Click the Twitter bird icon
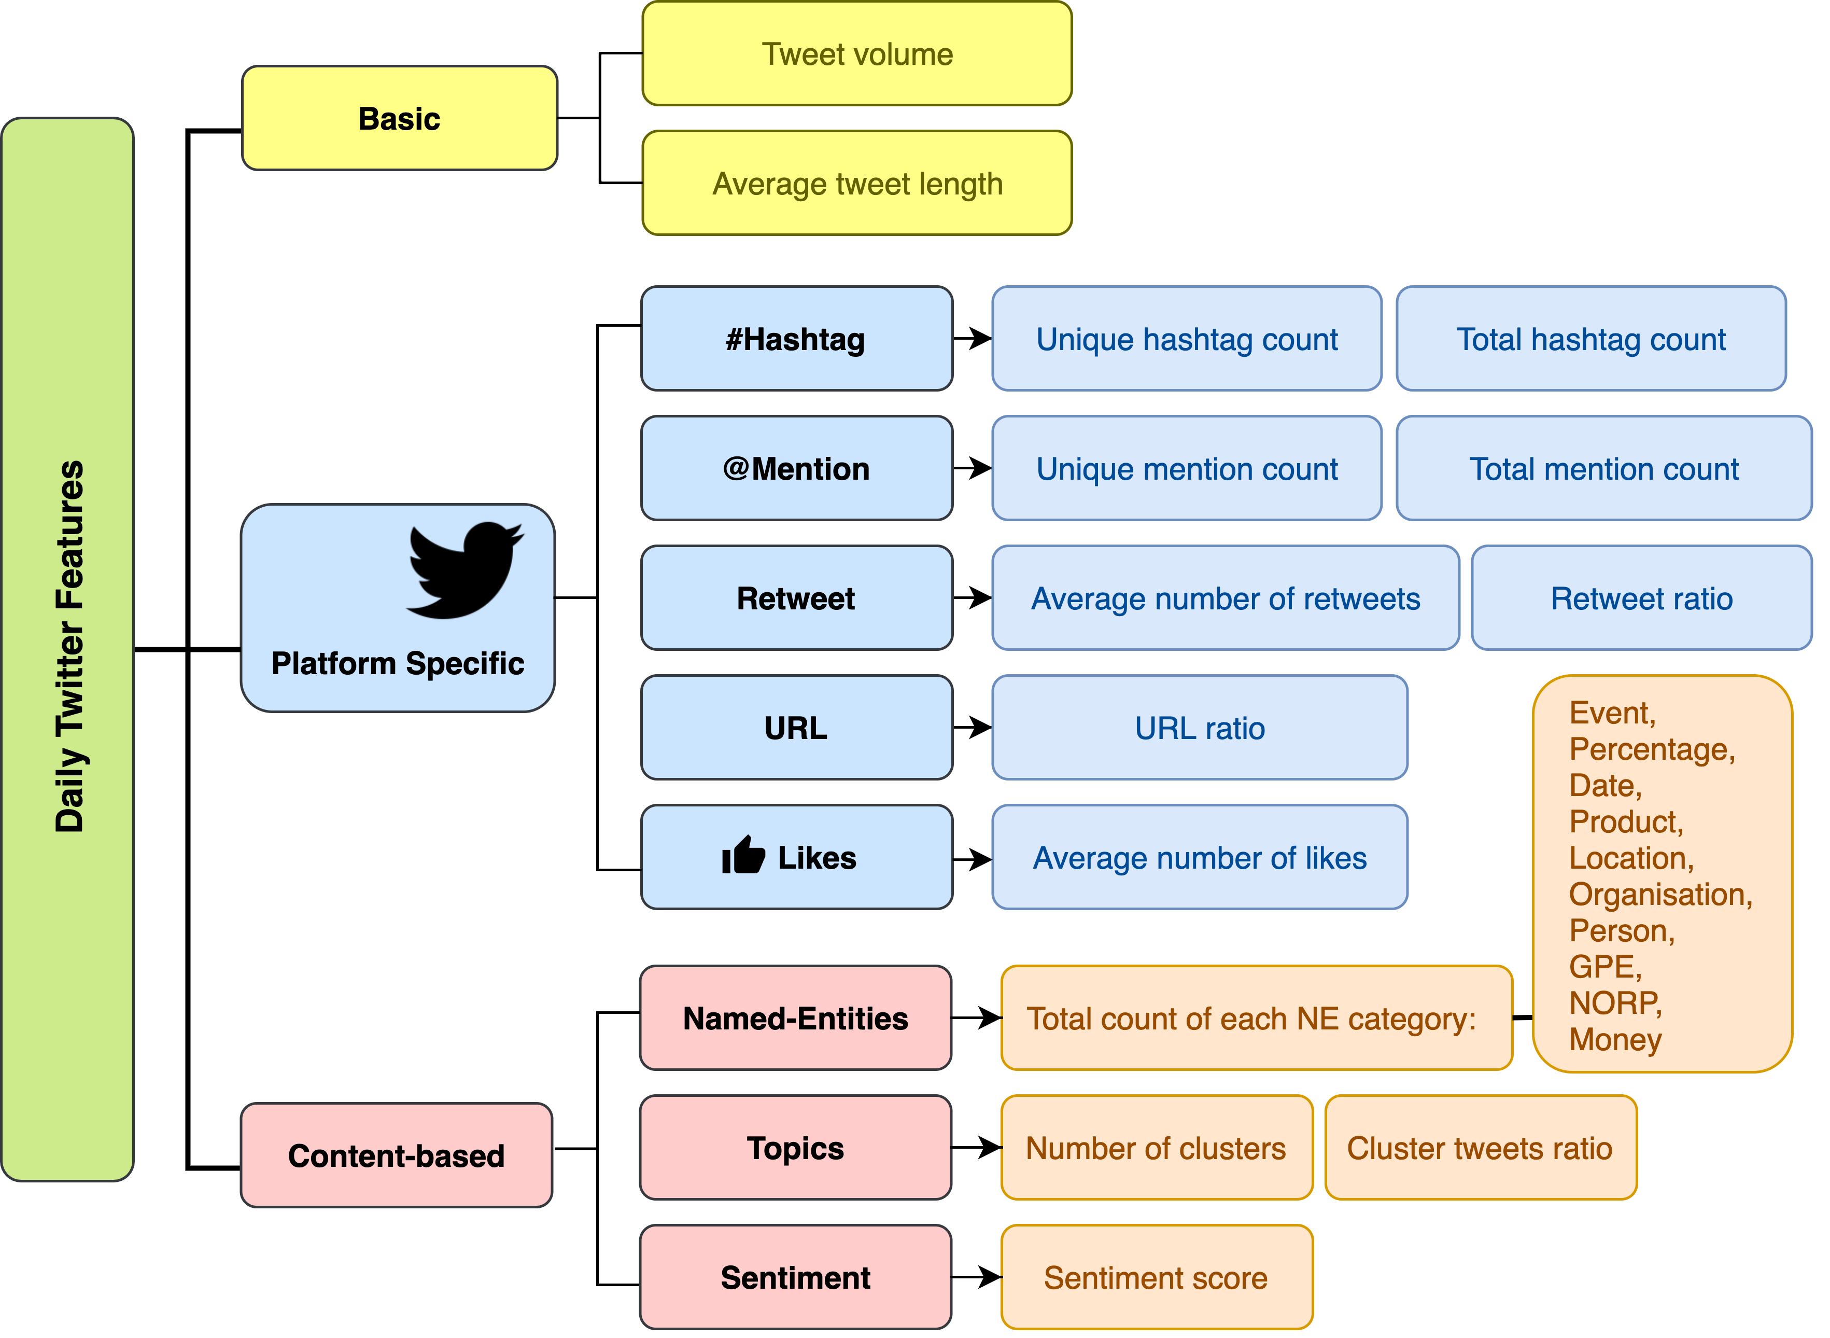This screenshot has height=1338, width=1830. pyautogui.click(x=464, y=570)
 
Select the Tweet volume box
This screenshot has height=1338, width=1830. pyautogui.click(x=857, y=53)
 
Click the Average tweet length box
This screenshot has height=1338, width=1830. pyautogui.click(x=857, y=183)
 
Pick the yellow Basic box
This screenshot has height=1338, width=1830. pyautogui.click(x=399, y=118)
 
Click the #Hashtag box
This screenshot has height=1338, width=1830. pyautogui.click(x=796, y=339)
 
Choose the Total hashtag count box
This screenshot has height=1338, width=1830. pyautogui.click(x=1590, y=339)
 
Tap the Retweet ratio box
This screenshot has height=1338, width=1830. pyautogui.click(x=1641, y=598)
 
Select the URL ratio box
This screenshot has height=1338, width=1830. pyautogui.click(x=1199, y=727)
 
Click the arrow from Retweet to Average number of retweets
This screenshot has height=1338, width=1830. pyautogui.click(x=973, y=598)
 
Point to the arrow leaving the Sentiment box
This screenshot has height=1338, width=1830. pyautogui.click(x=977, y=1277)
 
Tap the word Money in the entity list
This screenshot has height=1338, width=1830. pyautogui.click(x=1615, y=1039)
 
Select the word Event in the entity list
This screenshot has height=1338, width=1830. pyautogui.click(x=1611, y=713)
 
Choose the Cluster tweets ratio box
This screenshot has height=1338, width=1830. pyautogui.click(x=1480, y=1148)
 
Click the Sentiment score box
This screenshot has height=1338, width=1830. pyautogui.click(x=1156, y=1277)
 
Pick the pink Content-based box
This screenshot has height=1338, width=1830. pyautogui.click(x=396, y=1155)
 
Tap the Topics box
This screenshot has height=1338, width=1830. pyautogui.click(x=795, y=1148)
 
